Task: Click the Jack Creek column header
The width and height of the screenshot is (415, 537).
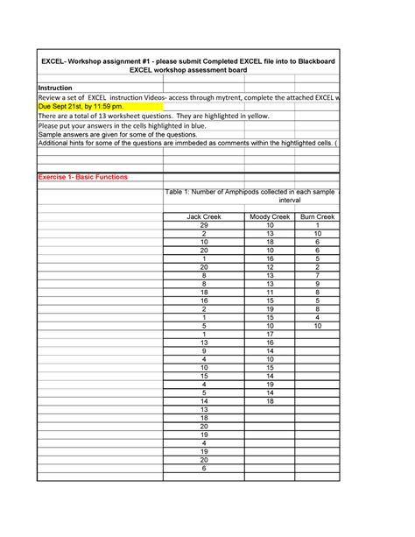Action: click(203, 216)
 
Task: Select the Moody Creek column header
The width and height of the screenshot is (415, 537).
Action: click(270, 216)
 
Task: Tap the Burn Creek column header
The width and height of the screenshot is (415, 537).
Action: click(317, 216)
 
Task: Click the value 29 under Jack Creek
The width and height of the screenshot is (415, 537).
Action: click(203, 225)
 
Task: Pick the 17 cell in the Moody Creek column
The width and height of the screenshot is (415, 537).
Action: click(270, 334)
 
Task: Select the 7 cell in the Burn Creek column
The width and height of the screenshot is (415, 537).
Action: click(317, 275)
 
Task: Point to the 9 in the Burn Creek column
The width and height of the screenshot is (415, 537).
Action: click(317, 284)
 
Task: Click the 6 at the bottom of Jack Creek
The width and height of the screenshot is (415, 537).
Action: click(203, 468)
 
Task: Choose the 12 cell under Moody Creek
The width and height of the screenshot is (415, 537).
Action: click(270, 267)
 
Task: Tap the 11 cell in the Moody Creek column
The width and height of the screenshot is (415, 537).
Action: click(270, 292)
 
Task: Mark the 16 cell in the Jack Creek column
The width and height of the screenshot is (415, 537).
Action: click(203, 300)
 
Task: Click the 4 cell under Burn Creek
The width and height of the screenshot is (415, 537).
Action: click(317, 317)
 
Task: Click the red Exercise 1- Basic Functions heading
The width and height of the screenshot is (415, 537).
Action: click(82, 177)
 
